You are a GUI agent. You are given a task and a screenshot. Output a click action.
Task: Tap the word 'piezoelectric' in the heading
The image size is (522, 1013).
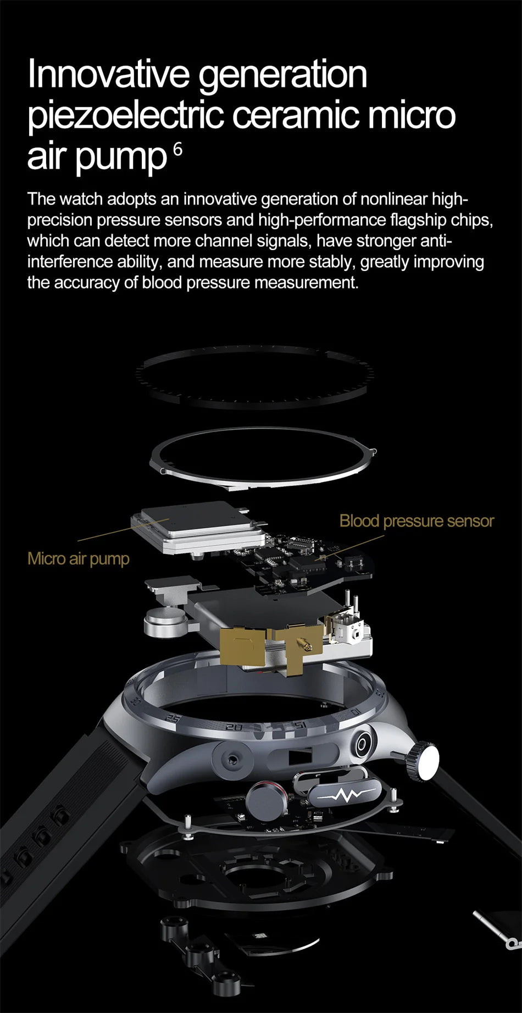tap(126, 116)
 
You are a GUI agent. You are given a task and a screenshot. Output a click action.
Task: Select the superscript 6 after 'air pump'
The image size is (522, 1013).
tap(177, 148)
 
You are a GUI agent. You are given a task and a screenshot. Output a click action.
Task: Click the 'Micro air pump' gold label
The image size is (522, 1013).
tap(79, 559)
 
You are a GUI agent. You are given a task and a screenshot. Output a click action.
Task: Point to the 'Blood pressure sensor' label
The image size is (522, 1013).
tap(417, 521)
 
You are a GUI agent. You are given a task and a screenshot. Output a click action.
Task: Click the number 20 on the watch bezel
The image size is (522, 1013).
tap(234, 727)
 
